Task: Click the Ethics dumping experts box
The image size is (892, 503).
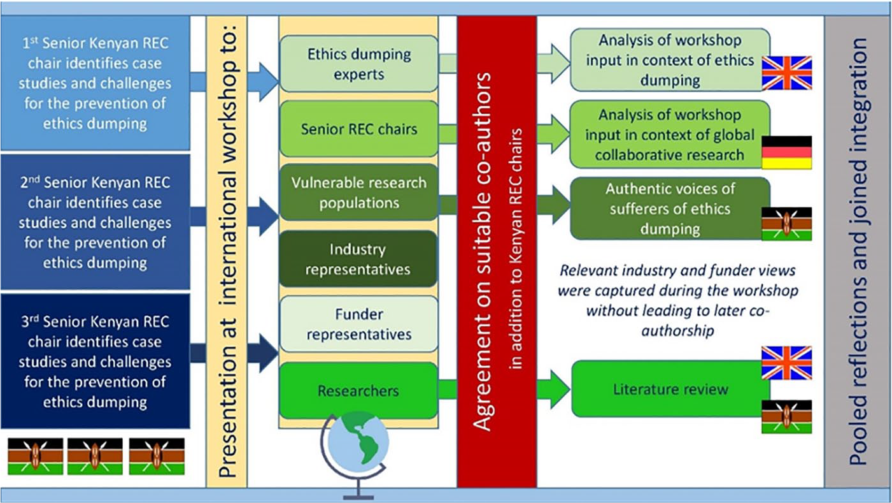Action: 359,64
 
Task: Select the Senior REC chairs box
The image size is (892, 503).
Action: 359,129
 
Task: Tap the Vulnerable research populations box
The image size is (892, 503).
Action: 359,193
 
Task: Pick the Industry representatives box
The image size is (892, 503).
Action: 358,259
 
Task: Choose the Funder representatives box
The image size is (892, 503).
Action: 359,324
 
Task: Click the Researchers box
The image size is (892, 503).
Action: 359,391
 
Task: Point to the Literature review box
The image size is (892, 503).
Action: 670,389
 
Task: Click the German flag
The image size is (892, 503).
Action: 786,152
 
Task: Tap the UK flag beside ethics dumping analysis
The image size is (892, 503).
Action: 786,73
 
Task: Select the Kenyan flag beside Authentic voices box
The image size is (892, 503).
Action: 786,224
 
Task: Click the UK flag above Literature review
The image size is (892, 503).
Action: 786,363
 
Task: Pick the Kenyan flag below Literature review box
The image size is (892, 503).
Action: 786,417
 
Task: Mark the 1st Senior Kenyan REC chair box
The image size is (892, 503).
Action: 95,83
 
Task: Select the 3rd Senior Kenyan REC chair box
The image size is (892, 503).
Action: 95,361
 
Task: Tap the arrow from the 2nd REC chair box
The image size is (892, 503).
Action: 234,217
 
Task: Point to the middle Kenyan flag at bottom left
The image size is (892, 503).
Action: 95,456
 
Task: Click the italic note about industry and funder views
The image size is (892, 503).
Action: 678,300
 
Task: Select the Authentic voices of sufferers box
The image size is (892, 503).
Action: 670,208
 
